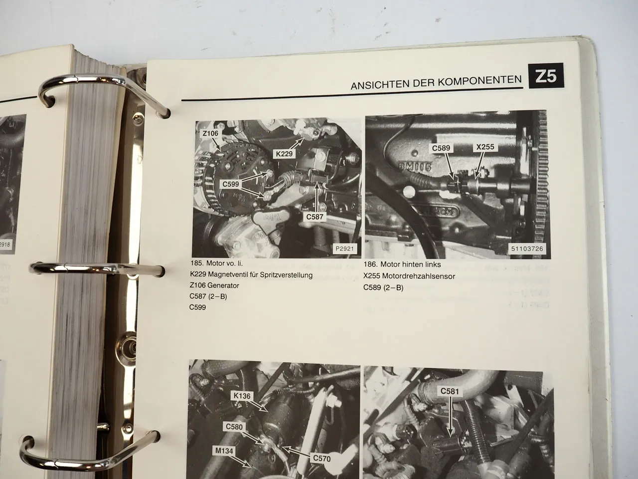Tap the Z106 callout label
click(211, 134)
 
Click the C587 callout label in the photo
click(315, 217)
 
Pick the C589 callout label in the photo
click(441, 148)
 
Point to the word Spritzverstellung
click(283, 275)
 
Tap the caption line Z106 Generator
click(214, 285)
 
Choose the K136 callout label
click(243, 396)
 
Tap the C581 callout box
click(450, 392)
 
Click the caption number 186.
click(371, 265)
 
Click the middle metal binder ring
click(95, 269)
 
